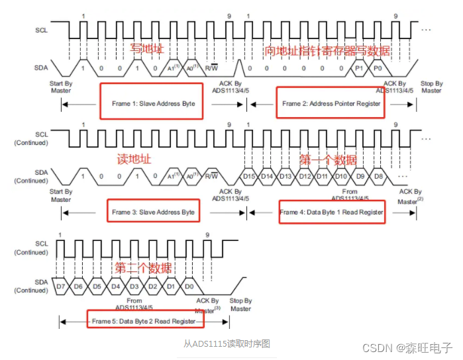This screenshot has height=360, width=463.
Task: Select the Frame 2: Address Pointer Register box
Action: point(331,103)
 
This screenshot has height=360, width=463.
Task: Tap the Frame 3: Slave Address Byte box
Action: point(152,212)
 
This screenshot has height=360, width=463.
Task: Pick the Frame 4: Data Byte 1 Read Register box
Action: point(331,212)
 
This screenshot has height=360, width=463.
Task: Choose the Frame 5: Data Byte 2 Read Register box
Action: point(144,320)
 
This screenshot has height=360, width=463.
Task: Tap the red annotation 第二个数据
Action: point(143,268)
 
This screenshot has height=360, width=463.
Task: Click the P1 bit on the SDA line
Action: point(359,68)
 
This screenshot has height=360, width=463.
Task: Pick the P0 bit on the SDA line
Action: point(377,68)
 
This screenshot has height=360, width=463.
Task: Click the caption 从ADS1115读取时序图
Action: point(227,343)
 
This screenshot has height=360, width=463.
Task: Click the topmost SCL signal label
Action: point(41,30)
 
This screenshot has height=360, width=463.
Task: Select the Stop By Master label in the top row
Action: point(431,87)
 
